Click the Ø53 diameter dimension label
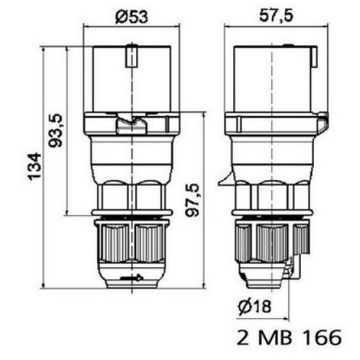[130, 16]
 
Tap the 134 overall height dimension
[34, 167]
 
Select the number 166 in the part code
[322, 337]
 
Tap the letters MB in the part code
[280, 337]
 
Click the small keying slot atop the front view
[131, 55]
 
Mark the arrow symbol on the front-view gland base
[131, 276]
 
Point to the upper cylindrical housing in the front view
[130, 79]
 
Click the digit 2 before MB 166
[243, 337]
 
